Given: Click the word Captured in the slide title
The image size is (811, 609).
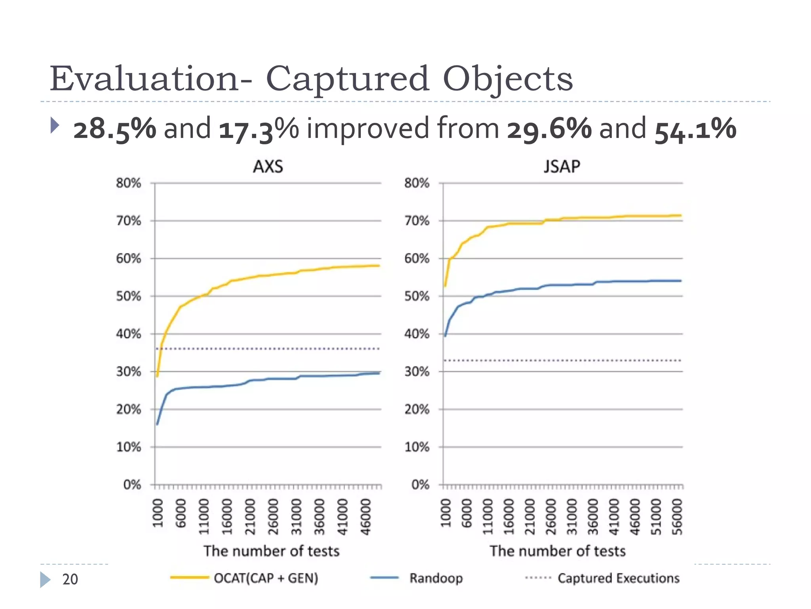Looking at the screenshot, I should click(x=347, y=79).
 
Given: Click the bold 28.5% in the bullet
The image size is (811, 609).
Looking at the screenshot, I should click(x=115, y=129).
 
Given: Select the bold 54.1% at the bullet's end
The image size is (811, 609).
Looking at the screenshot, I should click(x=695, y=129).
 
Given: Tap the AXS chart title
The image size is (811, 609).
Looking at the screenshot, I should click(x=268, y=167).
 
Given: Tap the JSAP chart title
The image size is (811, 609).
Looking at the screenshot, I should click(x=562, y=167).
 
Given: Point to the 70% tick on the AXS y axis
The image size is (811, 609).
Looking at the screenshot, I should click(x=129, y=221).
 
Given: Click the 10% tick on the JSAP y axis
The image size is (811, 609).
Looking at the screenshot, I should click(x=417, y=447).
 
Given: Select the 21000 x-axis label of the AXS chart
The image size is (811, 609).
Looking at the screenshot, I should click(x=250, y=517).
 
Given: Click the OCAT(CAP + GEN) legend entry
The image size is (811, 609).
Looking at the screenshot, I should click(x=266, y=578).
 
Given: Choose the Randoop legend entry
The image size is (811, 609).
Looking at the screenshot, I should click(x=436, y=578).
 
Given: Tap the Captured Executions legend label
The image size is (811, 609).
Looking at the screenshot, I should click(x=618, y=578).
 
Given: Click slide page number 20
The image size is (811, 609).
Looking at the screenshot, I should click(x=70, y=579).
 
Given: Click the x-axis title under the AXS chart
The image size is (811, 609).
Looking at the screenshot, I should click(x=272, y=551).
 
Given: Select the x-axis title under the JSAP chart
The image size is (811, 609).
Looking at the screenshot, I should click(x=558, y=551).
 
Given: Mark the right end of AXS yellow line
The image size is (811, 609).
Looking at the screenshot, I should click(x=379, y=266).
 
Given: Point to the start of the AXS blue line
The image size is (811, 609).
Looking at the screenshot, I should click(x=157, y=424).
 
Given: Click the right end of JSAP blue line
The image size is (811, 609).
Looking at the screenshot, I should click(x=680, y=281).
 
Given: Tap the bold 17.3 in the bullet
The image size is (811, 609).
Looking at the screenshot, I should click(x=246, y=129).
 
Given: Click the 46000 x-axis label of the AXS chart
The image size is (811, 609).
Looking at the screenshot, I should click(x=366, y=517).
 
